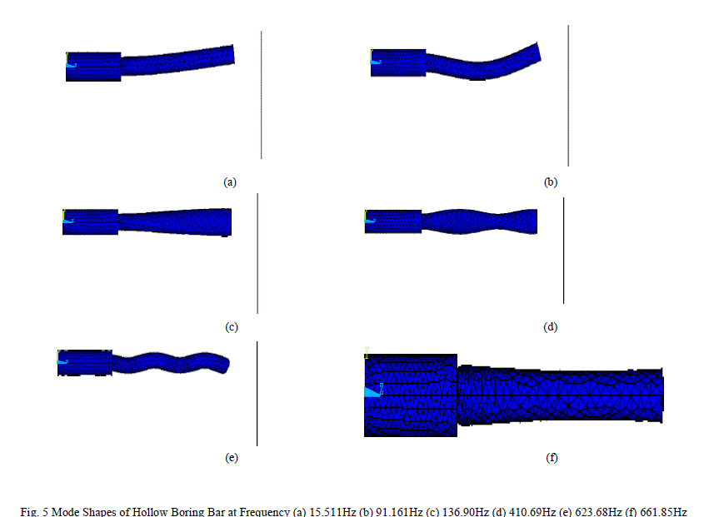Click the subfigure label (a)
click(x=230, y=182)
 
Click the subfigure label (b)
click(x=551, y=182)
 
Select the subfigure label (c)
click(x=232, y=327)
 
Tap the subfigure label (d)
click(x=551, y=327)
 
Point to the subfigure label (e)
click(x=232, y=458)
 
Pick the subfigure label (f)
click(x=552, y=458)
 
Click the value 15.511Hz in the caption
click(x=332, y=512)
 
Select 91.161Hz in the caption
click(x=399, y=512)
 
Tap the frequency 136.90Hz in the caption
click(x=466, y=512)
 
